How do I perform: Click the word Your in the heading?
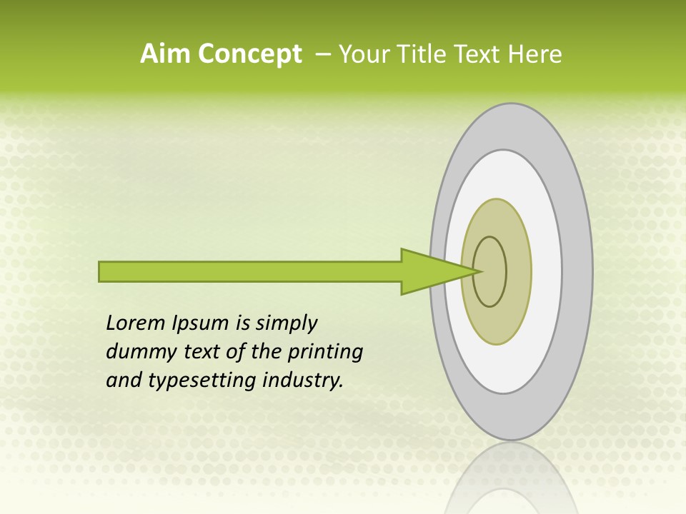363,54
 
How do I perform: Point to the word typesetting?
202,380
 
